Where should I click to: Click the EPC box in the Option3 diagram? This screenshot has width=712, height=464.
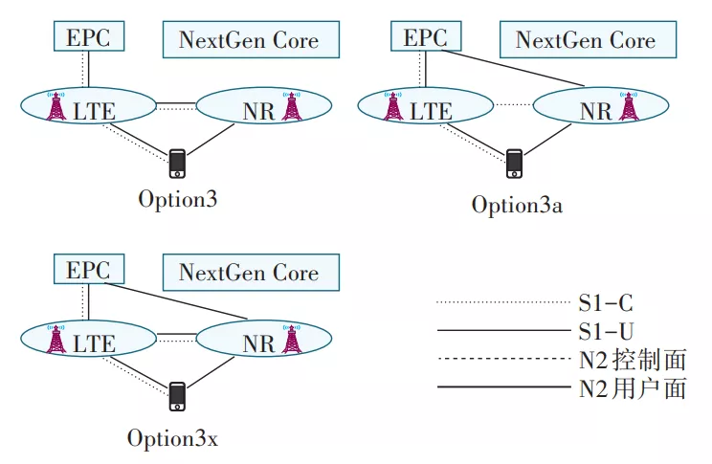pyautogui.click(x=89, y=35)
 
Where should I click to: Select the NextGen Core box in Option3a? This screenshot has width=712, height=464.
pyautogui.click(x=588, y=39)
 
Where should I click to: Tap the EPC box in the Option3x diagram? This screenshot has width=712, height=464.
pyautogui.click(x=89, y=269)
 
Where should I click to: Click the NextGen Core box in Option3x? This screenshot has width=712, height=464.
pyautogui.click(x=251, y=273)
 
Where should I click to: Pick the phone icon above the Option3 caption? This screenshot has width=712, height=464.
pyautogui.click(x=177, y=164)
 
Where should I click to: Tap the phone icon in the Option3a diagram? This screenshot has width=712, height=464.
pyautogui.click(x=514, y=164)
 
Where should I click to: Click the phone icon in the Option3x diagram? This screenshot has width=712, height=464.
pyautogui.click(x=177, y=396)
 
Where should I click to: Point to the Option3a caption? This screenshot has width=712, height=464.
pyautogui.click(x=517, y=205)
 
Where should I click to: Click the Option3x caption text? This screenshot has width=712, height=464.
pyautogui.click(x=172, y=438)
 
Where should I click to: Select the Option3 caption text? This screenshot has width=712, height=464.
pyautogui.click(x=178, y=199)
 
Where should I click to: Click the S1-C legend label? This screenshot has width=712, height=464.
pyautogui.click(x=606, y=303)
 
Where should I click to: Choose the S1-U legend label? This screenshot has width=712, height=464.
pyautogui.click(x=606, y=331)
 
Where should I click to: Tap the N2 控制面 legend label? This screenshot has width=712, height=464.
pyautogui.click(x=632, y=360)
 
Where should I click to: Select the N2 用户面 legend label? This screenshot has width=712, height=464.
pyautogui.click(x=632, y=388)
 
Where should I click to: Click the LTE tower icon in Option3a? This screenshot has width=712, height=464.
pyautogui.click(x=392, y=106)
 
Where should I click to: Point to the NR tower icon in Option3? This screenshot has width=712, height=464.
pyautogui.click(x=291, y=106)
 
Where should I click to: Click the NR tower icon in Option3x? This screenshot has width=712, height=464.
pyautogui.click(x=291, y=339)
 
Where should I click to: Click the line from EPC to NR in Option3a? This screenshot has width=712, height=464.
pyautogui.click(x=513, y=68)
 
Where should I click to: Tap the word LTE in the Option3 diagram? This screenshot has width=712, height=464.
pyautogui.click(x=95, y=112)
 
